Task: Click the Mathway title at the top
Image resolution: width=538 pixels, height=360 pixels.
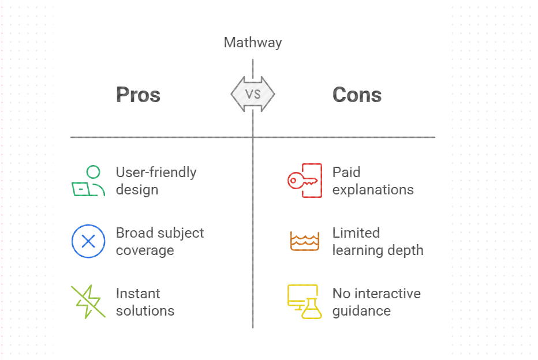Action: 253,43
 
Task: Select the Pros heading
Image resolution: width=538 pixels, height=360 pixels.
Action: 138,95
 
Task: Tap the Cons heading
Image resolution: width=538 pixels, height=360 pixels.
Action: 357,95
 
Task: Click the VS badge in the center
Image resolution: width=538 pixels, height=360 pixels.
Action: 253,94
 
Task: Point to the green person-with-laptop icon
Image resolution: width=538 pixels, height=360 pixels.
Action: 88,181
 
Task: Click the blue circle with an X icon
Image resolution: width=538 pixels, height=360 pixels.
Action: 88,241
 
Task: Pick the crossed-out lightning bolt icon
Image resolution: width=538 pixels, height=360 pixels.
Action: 88,301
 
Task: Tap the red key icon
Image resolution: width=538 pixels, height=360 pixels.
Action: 304,181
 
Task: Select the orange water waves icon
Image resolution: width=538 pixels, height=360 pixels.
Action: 304,241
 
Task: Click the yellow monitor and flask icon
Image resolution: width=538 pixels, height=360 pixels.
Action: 304,301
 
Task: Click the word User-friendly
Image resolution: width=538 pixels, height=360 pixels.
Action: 156,172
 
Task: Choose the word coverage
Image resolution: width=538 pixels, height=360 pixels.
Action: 145,250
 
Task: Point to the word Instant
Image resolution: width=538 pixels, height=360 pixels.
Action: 137,294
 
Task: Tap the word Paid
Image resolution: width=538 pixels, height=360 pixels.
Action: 346,172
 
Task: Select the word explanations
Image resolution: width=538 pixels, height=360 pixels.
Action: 373,190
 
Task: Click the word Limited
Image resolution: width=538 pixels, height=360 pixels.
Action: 356,233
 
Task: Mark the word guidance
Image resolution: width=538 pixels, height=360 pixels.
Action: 361,311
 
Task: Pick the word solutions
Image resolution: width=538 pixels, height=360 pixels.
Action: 145,311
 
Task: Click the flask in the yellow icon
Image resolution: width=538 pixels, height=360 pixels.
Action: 312,310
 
